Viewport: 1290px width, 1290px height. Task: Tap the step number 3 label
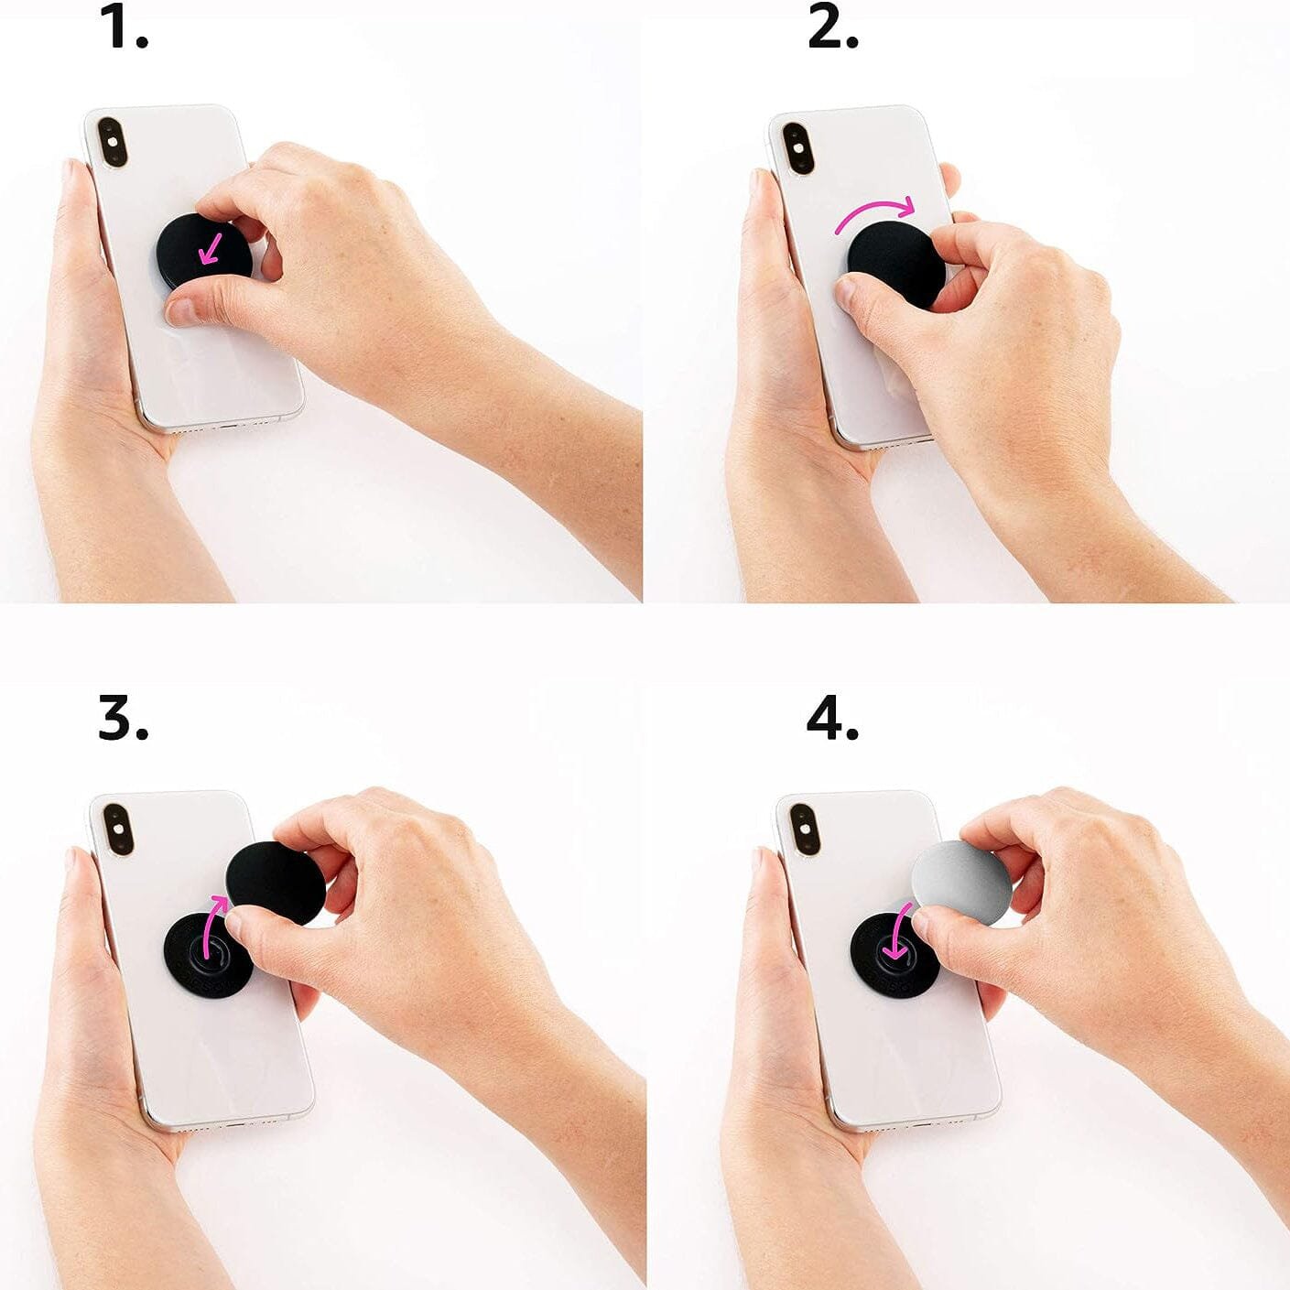pyautogui.click(x=124, y=719)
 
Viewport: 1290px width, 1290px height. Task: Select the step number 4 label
pyautogui.click(x=832, y=719)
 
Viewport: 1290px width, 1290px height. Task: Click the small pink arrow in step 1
pyautogui.click(x=211, y=251)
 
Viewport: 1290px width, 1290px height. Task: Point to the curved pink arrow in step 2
pyautogui.click(x=873, y=211)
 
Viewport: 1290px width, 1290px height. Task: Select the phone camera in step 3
pyautogui.click(x=118, y=829)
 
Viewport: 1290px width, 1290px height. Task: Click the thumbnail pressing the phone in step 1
pyautogui.click(x=180, y=311)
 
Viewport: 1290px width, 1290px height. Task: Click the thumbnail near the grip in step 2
pyautogui.click(x=848, y=292)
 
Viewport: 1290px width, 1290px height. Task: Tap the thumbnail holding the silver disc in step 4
pyautogui.click(x=922, y=927)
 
